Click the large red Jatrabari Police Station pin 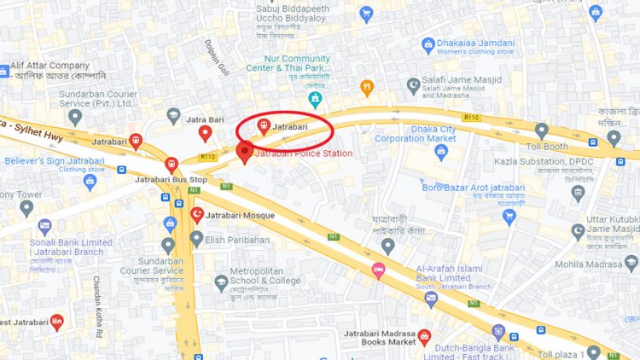[244, 153]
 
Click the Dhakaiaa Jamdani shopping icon [428, 46]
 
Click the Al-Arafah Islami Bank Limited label [442, 273]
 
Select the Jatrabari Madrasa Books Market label [380, 337]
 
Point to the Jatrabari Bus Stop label [171, 180]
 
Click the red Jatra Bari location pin [205, 133]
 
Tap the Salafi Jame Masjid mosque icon [414, 85]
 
